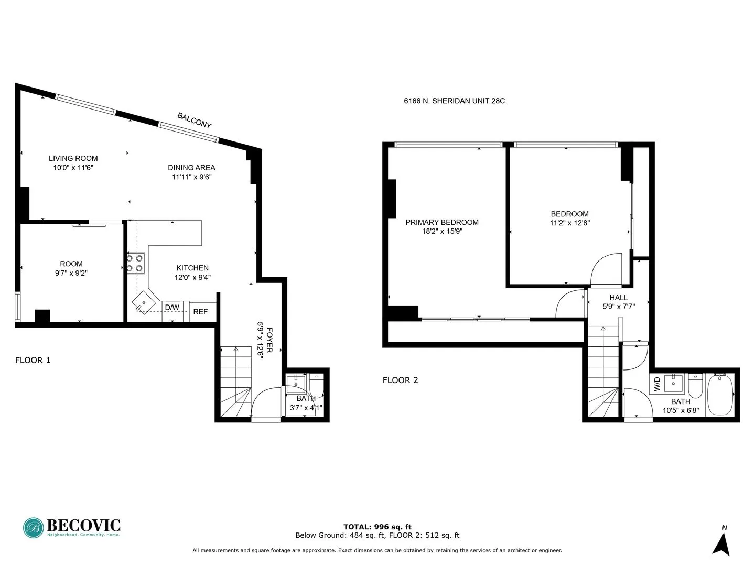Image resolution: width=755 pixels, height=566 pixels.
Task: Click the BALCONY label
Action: coord(194,121)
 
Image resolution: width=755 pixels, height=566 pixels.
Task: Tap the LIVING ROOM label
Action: coord(73,158)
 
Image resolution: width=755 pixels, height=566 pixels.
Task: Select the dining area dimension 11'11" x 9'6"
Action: coord(191,177)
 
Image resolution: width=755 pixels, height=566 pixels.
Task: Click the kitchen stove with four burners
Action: coord(135,263)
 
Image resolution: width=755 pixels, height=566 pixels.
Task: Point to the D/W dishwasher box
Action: coord(172,308)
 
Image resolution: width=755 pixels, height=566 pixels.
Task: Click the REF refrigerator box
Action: coord(200,312)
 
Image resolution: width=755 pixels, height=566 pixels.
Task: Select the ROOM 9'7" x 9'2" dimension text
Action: coord(71,273)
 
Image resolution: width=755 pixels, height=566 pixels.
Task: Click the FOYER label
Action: coord(269,340)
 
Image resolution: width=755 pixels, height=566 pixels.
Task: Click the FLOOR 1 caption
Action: coord(33,361)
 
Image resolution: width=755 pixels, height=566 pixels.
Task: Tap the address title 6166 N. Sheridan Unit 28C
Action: coord(454,101)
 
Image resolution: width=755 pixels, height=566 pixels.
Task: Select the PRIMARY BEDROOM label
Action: coord(442,222)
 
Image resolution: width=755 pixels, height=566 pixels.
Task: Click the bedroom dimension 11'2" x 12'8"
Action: coord(570,223)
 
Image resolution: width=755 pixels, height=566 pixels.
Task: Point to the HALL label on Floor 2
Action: coord(619,298)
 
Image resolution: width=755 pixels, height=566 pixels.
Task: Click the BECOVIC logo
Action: coord(72,527)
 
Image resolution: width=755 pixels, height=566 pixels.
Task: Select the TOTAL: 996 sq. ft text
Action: coord(377,527)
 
